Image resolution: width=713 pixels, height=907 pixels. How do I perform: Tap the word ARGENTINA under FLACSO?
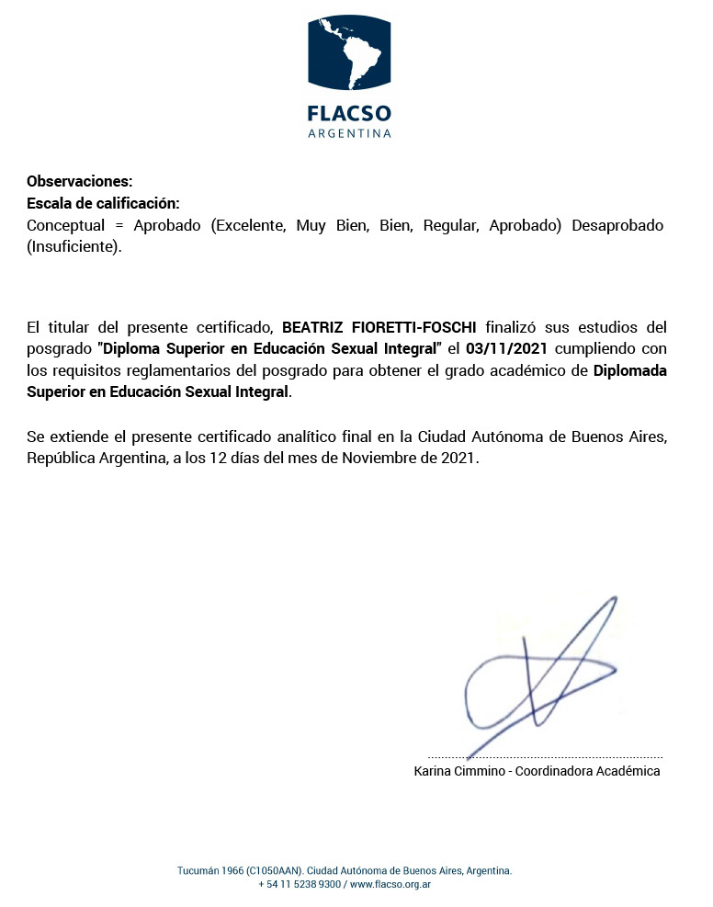point(349,133)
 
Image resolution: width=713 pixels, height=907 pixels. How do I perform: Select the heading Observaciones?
point(80,181)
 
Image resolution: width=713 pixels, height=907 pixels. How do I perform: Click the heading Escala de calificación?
point(103,203)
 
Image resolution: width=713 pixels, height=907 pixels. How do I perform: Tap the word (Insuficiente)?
point(74,247)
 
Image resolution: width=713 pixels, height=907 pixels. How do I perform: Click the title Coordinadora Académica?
point(587,771)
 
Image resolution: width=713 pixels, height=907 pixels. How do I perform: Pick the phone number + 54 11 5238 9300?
point(300,884)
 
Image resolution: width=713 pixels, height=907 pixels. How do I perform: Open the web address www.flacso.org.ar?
point(390,884)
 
